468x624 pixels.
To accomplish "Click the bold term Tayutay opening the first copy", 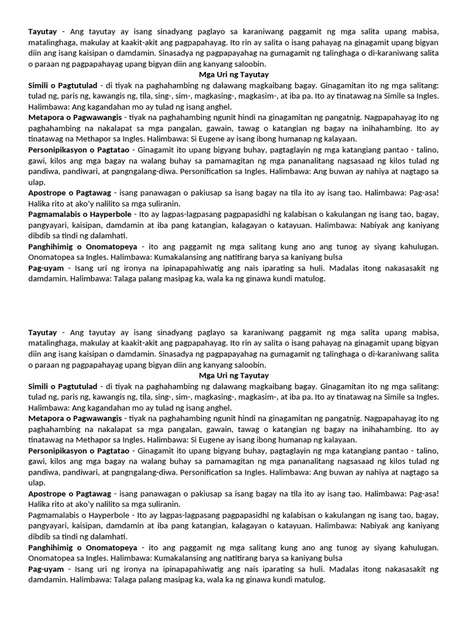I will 43,31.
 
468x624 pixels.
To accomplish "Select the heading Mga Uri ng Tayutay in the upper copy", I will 234,74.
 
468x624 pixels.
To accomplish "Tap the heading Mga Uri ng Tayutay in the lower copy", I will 234,375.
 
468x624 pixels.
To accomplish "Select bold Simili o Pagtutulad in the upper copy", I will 63,85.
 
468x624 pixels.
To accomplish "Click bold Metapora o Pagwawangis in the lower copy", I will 74,419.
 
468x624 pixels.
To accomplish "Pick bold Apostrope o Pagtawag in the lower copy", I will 69,494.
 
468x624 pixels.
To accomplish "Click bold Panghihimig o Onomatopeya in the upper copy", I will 82,247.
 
